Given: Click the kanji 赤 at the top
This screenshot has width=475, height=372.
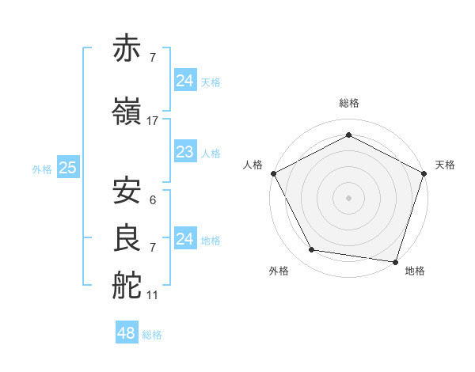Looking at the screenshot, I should [x=127, y=48].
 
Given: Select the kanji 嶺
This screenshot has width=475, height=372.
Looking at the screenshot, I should [x=127, y=112].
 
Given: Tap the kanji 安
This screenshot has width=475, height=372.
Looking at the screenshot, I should [x=127, y=191].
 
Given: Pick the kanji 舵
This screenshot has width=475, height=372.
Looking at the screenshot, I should [x=127, y=287].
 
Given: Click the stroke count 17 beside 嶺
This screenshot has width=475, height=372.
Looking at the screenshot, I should [x=153, y=121].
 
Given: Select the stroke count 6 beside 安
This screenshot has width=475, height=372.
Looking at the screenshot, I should [x=152, y=200].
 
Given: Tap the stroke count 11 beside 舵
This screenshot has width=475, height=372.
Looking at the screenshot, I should [x=153, y=295].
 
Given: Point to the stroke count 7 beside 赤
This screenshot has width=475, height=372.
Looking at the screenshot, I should [x=152, y=58].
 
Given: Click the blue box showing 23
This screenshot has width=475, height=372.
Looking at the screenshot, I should [x=184, y=152].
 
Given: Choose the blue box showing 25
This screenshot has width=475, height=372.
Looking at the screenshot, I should [x=67, y=168].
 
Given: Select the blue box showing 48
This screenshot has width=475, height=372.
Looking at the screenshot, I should [x=126, y=333].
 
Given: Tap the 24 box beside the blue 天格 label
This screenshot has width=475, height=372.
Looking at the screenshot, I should [x=184, y=80].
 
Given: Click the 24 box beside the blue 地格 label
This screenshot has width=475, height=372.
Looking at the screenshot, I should [x=184, y=238].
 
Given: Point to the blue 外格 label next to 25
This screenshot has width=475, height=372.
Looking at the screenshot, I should [x=42, y=169].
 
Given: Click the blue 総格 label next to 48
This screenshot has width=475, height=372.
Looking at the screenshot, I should [x=152, y=335].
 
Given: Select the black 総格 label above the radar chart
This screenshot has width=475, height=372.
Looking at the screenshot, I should [x=348, y=103].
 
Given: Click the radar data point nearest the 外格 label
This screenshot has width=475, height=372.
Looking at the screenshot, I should [x=312, y=250].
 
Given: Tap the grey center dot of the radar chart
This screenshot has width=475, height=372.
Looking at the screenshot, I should [x=348, y=197].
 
